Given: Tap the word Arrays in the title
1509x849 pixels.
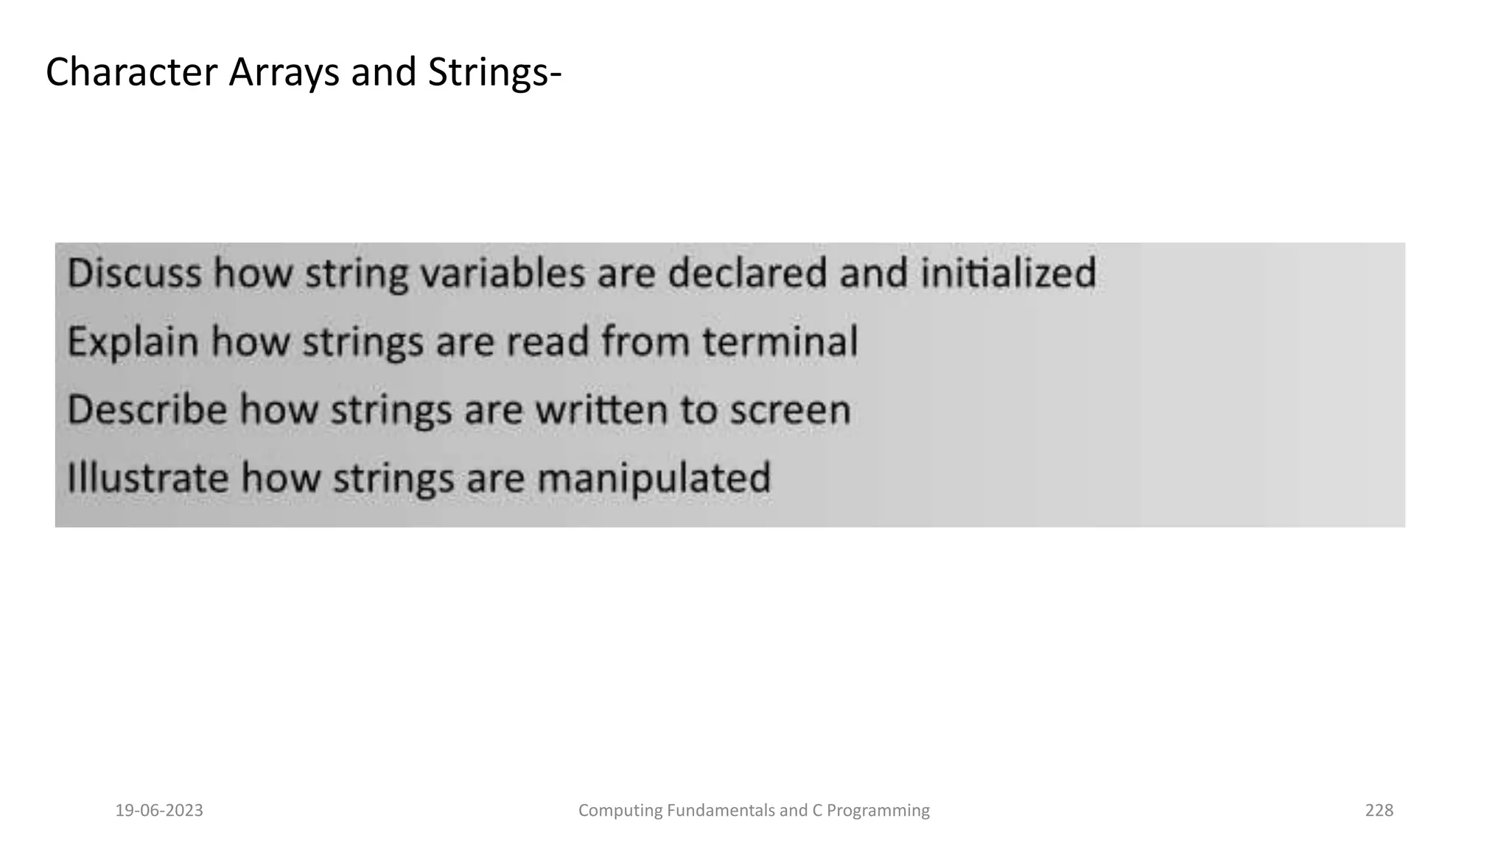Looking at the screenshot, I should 284,73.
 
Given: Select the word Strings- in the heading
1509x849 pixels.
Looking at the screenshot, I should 494,73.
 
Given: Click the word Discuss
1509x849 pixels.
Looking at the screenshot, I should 134,273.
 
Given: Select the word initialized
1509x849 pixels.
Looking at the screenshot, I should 1009,273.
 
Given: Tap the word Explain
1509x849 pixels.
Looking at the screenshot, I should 133,342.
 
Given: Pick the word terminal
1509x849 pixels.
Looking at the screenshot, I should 780,342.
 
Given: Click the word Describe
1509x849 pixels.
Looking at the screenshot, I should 147,410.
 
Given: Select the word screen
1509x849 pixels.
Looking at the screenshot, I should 791,410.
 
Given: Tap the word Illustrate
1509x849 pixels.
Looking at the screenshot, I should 147,478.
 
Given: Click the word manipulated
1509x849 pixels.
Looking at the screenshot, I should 654,478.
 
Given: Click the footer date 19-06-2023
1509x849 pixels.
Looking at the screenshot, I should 159,811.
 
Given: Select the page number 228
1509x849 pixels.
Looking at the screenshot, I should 1379,811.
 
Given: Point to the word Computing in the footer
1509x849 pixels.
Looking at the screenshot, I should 620,811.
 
